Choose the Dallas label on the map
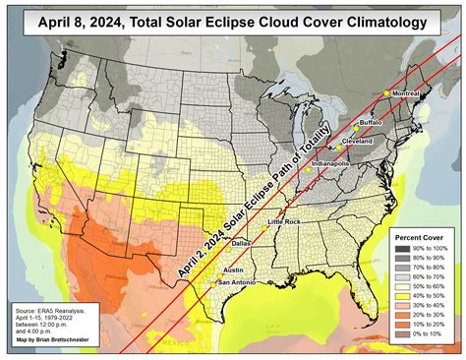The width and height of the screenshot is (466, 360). point(242,241)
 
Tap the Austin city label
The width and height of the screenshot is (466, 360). point(234,269)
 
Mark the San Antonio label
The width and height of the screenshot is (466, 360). point(235,282)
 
